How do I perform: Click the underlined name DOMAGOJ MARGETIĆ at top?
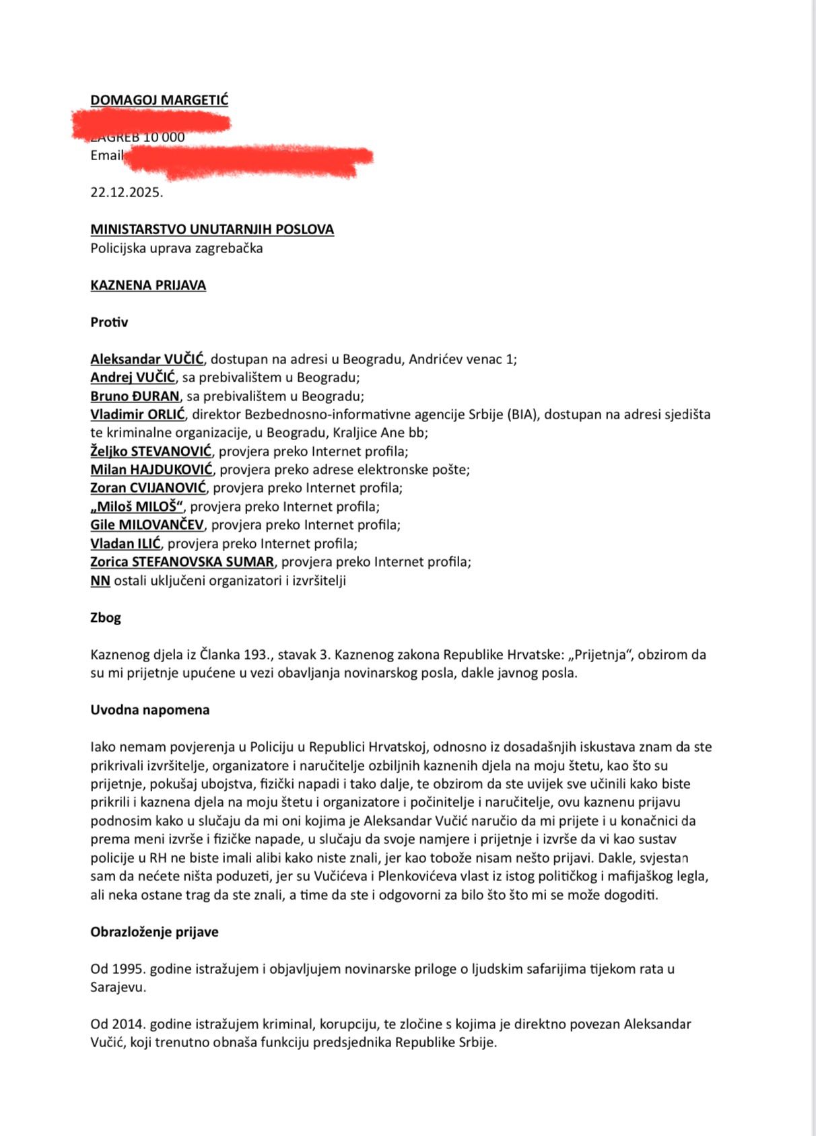pyautogui.click(x=159, y=100)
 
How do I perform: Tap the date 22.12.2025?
pyautogui.click(x=127, y=192)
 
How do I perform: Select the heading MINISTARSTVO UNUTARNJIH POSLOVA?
pyautogui.click(x=212, y=229)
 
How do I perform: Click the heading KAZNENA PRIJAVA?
pyautogui.click(x=148, y=285)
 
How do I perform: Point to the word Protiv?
pyautogui.click(x=109, y=322)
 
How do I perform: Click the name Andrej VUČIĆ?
pyautogui.click(x=133, y=378)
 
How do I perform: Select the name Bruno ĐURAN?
pyautogui.click(x=135, y=396)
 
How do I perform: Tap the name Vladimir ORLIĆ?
pyautogui.click(x=137, y=415)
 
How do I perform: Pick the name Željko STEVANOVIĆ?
pyautogui.click(x=151, y=451)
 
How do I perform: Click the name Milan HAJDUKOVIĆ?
pyautogui.click(x=151, y=470)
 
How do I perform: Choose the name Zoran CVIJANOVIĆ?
pyautogui.click(x=148, y=488)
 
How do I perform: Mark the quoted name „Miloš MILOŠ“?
pyautogui.click(x=137, y=507)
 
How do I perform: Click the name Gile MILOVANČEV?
pyautogui.click(x=147, y=525)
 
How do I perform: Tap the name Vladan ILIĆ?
pyautogui.click(x=126, y=544)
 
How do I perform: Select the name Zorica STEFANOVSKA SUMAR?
pyautogui.click(x=182, y=562)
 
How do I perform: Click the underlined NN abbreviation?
pyautogui.click(x=100, y=581)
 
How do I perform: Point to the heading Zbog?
pyautogui.click(x=106, y=618)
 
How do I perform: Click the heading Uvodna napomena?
pyautogui.click(x=150, y=710)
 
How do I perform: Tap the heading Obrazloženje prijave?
pyautogui.click(x=154, y=932)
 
